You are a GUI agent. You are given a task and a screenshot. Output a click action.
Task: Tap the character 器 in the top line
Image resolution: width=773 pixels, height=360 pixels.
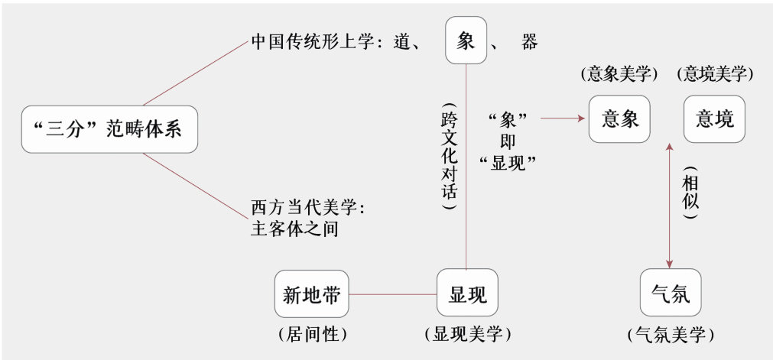[529, 42]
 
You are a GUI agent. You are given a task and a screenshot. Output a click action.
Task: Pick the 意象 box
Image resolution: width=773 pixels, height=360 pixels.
[620, 119]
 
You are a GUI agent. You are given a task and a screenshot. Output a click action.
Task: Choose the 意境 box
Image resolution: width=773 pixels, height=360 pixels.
[714, 119]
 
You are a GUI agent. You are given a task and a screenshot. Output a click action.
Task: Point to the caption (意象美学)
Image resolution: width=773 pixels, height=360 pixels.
[619, 74]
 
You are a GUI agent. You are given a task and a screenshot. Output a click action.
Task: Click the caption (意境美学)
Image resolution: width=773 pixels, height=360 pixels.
[715, 74]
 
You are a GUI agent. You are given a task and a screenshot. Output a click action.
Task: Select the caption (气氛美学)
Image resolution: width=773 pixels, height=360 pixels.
[670, 334]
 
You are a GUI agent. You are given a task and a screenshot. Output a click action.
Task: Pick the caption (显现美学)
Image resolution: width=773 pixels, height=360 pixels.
[466, 334]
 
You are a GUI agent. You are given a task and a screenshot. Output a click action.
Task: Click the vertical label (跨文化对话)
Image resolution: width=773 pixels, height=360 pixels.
[449, 157]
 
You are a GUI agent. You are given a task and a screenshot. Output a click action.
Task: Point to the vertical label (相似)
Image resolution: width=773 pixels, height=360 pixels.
[690, 193]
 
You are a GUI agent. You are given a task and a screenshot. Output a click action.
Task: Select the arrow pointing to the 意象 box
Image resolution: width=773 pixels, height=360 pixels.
[562, 119]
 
